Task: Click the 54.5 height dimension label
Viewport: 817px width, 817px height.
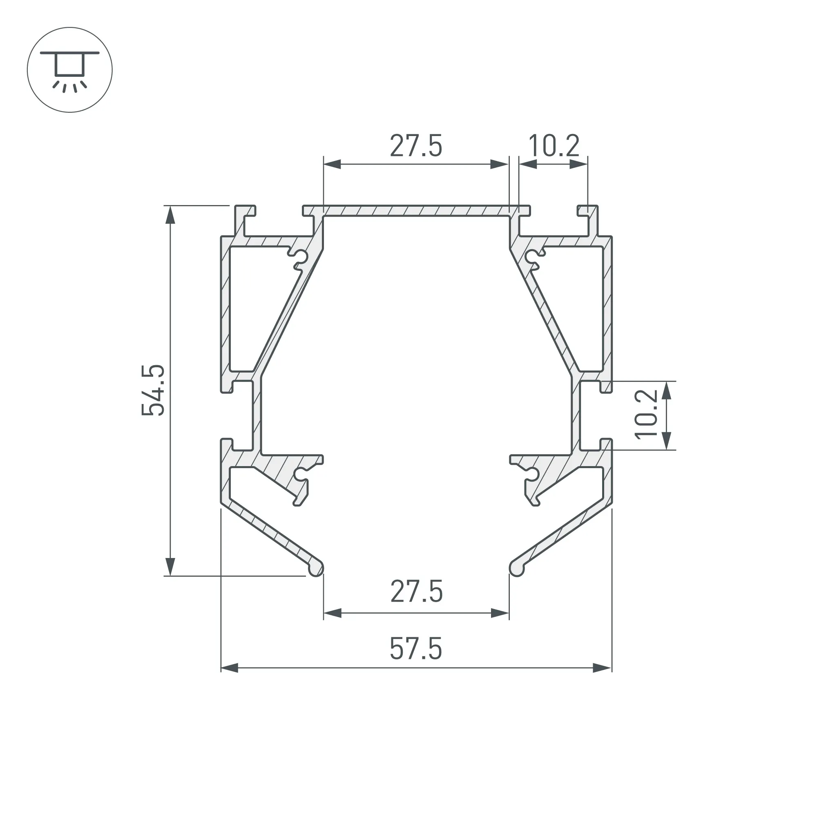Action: [153, 390]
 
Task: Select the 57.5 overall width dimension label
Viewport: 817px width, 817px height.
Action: [416, 649]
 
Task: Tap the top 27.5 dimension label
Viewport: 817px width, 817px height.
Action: [416, 146]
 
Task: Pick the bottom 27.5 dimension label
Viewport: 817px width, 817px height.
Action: [417, 592]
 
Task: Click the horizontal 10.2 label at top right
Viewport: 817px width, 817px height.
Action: [554, 146]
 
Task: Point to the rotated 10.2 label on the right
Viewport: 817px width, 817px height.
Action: [647, 414]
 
